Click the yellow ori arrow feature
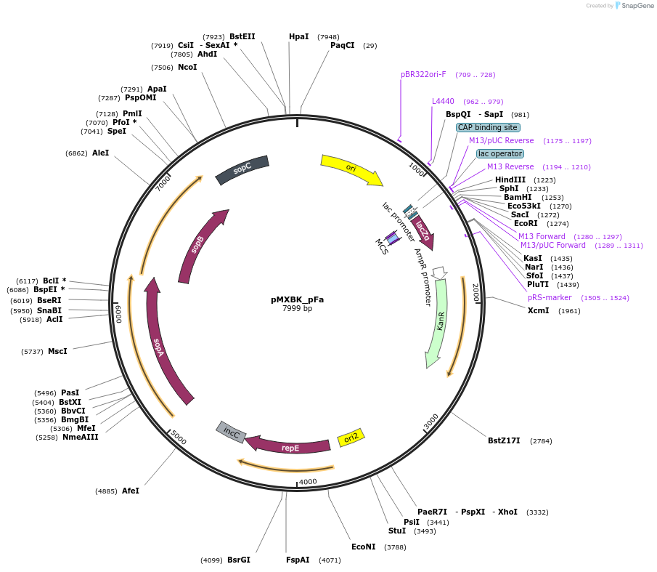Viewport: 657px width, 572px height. [351, 169]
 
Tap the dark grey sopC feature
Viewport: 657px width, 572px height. [242, 169]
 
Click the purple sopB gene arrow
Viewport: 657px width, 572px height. [198, 244]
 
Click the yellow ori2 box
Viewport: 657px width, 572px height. [351, 438]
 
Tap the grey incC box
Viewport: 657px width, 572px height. [232, 432]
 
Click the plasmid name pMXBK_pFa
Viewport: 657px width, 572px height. [297, 299]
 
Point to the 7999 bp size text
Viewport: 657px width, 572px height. [297, 308]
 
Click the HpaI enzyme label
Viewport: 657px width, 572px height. [298, 36]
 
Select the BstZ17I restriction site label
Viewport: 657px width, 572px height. [504, 440]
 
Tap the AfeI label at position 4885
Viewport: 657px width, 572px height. [131, 491]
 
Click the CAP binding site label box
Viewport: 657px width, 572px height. [487, 127]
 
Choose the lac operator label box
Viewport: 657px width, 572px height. [499, 153]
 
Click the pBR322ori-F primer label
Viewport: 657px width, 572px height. [423, 74]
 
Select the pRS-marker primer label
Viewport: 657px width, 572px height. [550, 297]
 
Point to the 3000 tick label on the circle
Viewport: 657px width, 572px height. [431, 421]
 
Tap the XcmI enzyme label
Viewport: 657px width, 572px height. [538, 310]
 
